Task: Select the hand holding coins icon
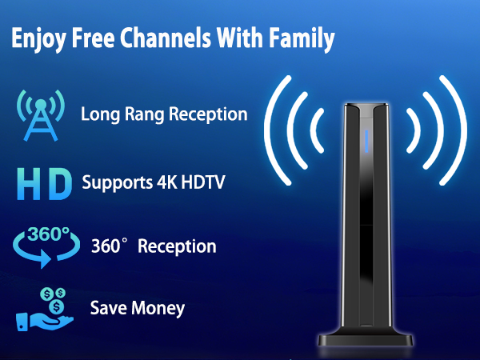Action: point(44,308)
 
